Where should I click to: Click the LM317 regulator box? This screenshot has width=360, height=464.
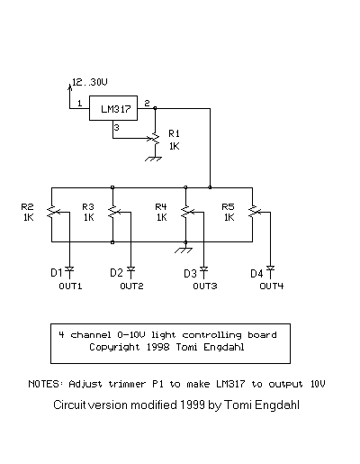tap(113, 108)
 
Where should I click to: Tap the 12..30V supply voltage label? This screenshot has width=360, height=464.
tap(90, 82)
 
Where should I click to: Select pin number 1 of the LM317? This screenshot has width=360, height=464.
tap(79, 104)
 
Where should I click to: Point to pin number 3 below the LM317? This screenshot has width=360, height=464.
tap(116, 128)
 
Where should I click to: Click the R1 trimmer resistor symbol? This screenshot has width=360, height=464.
tap(155, 139)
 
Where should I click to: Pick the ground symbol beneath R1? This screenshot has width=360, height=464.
tap(153, 159)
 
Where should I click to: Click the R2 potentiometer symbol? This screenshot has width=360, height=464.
tap(52, 212)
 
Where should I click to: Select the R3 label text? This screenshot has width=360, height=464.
tap(88, 206)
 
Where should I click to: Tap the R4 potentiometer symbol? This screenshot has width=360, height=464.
tap(186, 212)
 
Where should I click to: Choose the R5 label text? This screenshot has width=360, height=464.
tap(228, 206)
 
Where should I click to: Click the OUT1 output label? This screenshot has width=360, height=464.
tap(70, 286)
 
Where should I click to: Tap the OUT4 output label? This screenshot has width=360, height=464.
tap(272, 286)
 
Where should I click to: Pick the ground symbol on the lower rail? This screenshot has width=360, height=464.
tap(184, 250)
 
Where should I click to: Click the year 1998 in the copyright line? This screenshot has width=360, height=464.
tap(157, 347)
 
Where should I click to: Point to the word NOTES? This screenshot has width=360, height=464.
tap(44, 384)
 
